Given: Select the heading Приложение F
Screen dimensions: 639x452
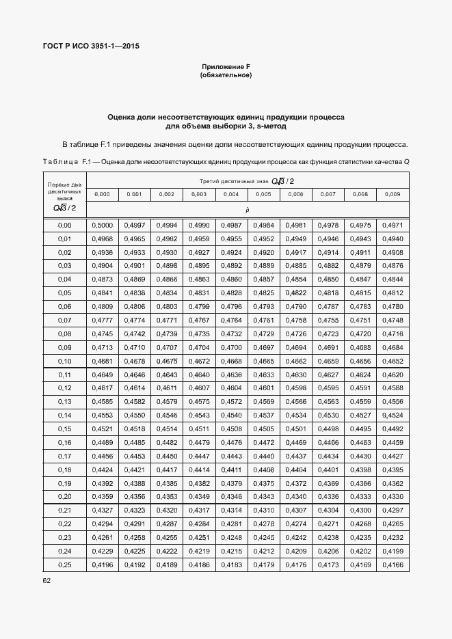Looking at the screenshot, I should click(x=226, y=66).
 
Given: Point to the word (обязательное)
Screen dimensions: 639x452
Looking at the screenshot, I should click(x=226, y=74).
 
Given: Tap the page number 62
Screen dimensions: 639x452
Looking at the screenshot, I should click(x=46, y=580).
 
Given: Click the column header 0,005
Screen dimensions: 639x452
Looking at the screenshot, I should click(x=263, y=195).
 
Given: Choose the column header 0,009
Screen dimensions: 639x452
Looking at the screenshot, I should click(x=393, y=195).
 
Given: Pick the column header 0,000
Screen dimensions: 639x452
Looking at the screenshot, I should click(x=102, y=195).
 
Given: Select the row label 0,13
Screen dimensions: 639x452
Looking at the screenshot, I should click(x=64, y=402).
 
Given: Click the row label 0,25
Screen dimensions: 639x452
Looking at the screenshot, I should click(x=64, y=565).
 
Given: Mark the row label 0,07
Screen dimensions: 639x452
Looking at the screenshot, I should click(x=64, y=320).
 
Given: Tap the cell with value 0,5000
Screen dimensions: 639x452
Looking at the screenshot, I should click(x=103, y=226).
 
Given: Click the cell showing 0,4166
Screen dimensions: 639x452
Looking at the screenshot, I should click(x=393, y=565).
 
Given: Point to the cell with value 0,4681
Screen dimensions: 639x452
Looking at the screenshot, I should click(x=103, y=361).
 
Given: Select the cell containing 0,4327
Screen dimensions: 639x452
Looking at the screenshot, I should click(x=103, y=511).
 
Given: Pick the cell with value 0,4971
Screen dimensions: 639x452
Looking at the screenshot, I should click(x=393, y=226).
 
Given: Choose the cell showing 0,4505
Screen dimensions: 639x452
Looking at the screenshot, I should click(x=263, y=429).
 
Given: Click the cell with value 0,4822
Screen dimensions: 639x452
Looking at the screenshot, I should click(x=296, y=293).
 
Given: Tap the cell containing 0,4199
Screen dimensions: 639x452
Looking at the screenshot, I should click(x=393, y=551).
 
